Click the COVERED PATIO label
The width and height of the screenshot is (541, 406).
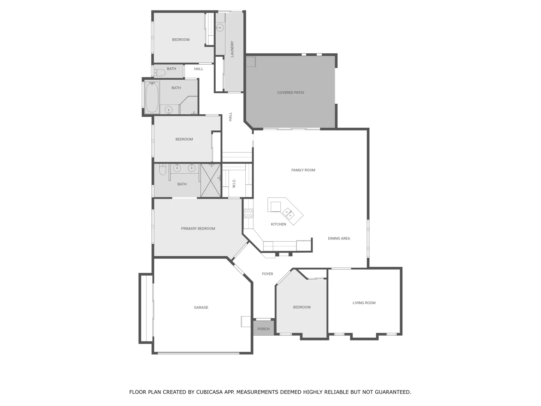[x=290, y=92]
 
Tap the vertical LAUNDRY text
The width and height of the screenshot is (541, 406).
[x=232, y=49]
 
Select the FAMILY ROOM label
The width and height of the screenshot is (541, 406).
[x=303, y=170]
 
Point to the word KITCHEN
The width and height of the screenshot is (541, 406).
[x=278, y=224]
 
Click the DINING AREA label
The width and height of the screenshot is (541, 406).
[x=339, y=238]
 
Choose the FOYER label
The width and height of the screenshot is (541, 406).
[x=267, y=274]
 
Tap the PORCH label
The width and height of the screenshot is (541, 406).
[x=263, y=329]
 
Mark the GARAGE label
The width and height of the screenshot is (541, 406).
[x=201, y=308]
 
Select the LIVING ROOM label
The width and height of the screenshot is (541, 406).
[x=364, y=303]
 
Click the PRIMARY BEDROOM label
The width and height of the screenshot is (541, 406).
[x=198, y=229]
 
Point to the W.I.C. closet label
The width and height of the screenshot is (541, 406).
[x=234, y=183]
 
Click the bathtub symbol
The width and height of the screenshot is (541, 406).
[x=152, y=97]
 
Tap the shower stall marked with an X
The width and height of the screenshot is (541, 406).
[x=210, y=180]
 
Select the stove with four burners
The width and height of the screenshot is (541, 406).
[x=248, y=214]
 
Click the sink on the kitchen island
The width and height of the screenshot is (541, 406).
[x=289, y=213]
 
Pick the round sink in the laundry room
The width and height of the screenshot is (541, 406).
[x=219, y=27]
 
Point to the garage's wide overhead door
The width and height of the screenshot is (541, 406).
[x=198, y=353]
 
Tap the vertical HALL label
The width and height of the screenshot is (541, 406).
[x=230, y=117]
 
